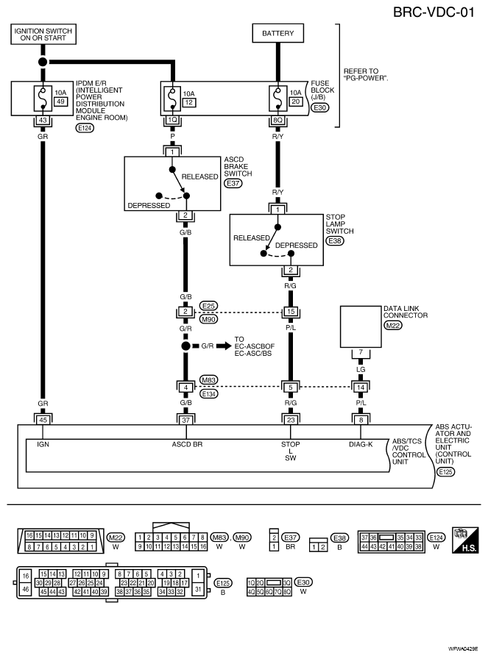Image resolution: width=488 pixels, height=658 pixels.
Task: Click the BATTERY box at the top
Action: point(277,33)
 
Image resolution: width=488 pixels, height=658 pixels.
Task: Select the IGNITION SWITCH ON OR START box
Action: point(43,34)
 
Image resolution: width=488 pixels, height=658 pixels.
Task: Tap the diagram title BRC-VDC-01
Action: point(434,12)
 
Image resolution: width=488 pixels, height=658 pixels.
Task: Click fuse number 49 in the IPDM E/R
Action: point(60,101)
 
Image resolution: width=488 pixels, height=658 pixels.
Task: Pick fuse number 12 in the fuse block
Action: point(189,102)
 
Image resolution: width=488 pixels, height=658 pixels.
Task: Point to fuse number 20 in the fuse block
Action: point(296,101)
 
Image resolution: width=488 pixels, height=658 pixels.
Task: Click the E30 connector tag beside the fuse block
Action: point(319,107)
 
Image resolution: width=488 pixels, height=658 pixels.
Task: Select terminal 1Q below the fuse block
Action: point(172,120)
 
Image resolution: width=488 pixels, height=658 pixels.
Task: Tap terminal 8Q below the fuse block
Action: point(277,120)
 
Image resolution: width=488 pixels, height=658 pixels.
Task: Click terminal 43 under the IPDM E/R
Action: point(43,120)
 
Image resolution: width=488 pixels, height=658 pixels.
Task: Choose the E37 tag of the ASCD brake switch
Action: point(233,183)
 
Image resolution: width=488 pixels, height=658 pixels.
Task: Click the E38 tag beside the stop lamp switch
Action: point(335,240)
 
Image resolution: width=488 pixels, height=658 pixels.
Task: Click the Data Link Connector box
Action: point(361,326)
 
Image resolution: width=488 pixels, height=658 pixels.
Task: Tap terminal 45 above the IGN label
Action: point(43,420)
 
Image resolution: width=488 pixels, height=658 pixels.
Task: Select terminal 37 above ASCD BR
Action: point(185,420)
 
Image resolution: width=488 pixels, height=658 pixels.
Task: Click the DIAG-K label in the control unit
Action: point(361,444)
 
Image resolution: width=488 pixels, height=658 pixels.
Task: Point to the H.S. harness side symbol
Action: point(465,540)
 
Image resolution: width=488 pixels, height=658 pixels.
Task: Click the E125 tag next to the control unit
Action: point(445,472)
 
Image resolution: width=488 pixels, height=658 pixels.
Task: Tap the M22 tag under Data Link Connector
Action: point(392,325)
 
